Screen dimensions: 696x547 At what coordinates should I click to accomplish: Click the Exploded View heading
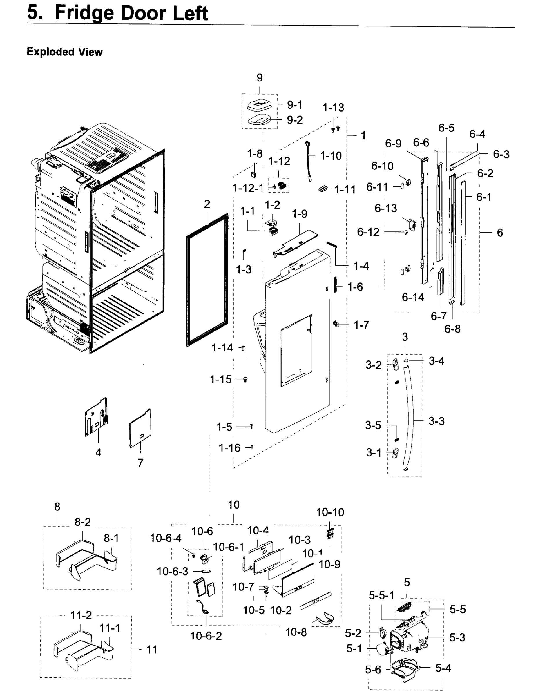click(x=64, y=52)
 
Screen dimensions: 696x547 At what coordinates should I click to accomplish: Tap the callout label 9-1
click(x=294, y=105)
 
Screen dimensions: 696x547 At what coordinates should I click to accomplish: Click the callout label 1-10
click(x=331, y=156)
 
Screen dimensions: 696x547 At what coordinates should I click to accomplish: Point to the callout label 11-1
click(x=110, y=628)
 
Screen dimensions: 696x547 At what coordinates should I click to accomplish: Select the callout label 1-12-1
click(x=248, y=188)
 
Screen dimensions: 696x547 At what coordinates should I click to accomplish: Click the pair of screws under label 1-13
click(x=335, y=129)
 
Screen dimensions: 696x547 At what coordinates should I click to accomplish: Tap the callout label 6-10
click(x=382, y=166)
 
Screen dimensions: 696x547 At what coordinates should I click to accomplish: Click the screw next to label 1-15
click(x=246, y=379)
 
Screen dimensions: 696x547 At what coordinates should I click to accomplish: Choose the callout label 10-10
click(x=330, y=512)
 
